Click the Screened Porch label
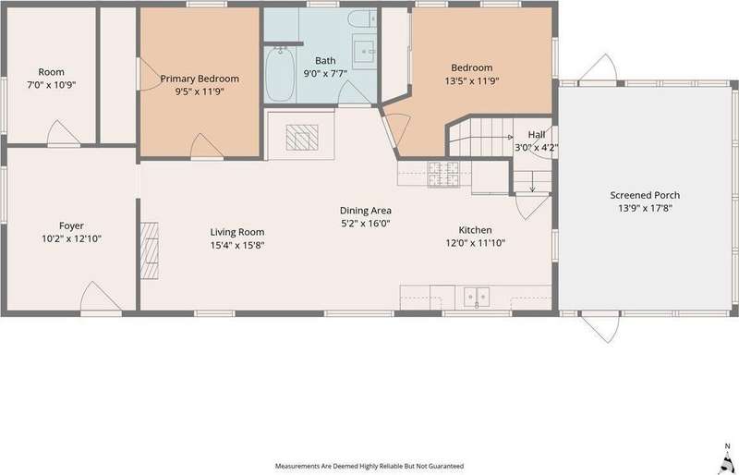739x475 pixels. [x=645, y=195]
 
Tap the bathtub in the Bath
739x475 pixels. [x=280, y=74]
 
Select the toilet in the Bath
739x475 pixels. [x=362, y=18]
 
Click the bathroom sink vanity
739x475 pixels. [x=364, y=52]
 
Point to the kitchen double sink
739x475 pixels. [x=477, y=298]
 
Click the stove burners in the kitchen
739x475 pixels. [x=443, y=174]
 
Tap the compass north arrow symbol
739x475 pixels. [x=726, y=459]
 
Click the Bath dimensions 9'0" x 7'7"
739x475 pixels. [x=325, y=73]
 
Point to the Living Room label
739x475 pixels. [x=237, y=232]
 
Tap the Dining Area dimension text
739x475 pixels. [x=366, y=224]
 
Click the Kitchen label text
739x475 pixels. [x=476, y=230]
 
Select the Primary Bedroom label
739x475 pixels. [x=200, y=79]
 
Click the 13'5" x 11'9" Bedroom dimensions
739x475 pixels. [x=472, y=80]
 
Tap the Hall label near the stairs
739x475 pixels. [x=537, y=134]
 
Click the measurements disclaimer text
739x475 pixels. [x=369, y=466]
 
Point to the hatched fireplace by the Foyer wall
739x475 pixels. [x=150, y=250]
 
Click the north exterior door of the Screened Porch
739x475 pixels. [x=598, y=69]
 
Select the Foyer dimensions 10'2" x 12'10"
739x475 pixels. [x=72, y=238]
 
